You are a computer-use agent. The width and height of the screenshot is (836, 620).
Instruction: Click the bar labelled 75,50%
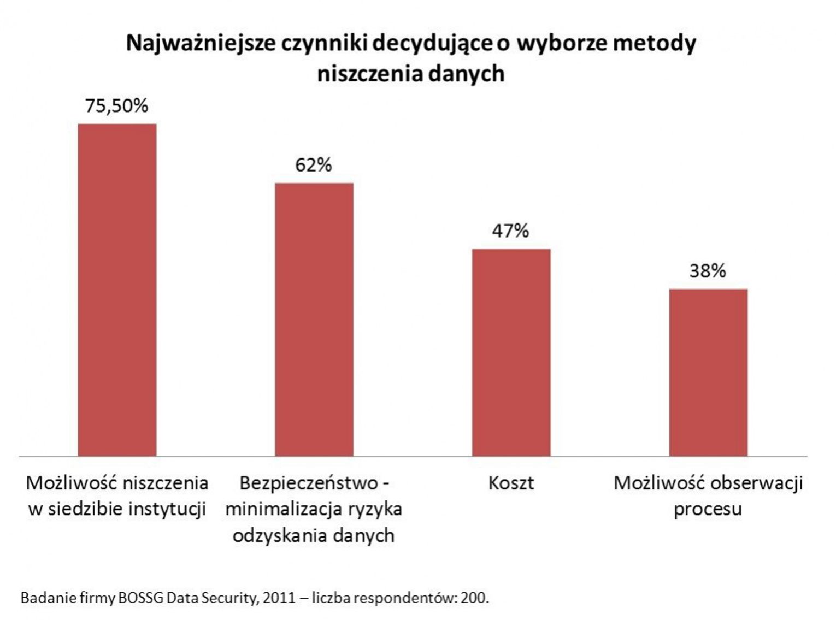coord(117,290)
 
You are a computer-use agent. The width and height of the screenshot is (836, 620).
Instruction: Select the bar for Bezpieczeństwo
coord(314,319)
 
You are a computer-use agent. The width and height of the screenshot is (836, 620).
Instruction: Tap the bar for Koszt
coord(511,352)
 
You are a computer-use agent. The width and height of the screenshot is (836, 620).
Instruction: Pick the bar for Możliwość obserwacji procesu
coord(708,372)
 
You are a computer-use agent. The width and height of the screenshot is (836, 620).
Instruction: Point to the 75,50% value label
coord(117,105)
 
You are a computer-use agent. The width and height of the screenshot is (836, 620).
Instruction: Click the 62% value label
coord(314,165)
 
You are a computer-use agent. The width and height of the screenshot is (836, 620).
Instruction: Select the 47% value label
coord(511,231)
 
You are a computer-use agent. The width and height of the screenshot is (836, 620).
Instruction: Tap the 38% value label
coord(708,271)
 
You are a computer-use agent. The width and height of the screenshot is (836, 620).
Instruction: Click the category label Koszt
coord(511,483)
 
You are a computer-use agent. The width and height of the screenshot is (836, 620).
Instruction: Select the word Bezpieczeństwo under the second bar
coord(308,483)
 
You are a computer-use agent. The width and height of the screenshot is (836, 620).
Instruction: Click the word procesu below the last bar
coord(708,510)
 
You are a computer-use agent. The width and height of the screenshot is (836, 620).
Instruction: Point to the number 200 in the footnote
coord(473,598)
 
